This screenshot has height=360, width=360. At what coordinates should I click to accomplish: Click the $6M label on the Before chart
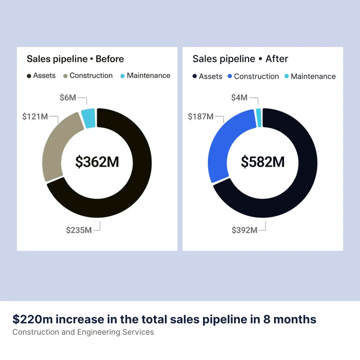click(68, 98)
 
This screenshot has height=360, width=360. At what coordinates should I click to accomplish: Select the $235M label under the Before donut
click(79, 230)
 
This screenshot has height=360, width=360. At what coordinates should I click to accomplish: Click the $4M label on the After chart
click(239, 97)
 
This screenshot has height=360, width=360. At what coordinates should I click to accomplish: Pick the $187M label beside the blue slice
click(201, 116)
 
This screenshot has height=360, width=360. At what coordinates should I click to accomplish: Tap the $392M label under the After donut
click(245, 230)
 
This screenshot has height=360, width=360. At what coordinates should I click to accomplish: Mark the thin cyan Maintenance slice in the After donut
click(259, 118)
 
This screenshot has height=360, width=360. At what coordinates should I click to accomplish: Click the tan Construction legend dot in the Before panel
click(65, 76)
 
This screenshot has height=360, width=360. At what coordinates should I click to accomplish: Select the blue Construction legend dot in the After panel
click(230, 77)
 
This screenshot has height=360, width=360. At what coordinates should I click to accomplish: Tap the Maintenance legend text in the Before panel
click(148, 76)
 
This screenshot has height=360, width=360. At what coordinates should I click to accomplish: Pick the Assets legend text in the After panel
click(210, 77)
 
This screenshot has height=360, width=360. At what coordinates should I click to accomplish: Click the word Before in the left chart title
click(110, 59)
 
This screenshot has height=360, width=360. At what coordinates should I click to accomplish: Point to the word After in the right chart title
click(277, 59)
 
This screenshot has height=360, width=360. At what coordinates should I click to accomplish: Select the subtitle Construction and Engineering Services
click(83, 332)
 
